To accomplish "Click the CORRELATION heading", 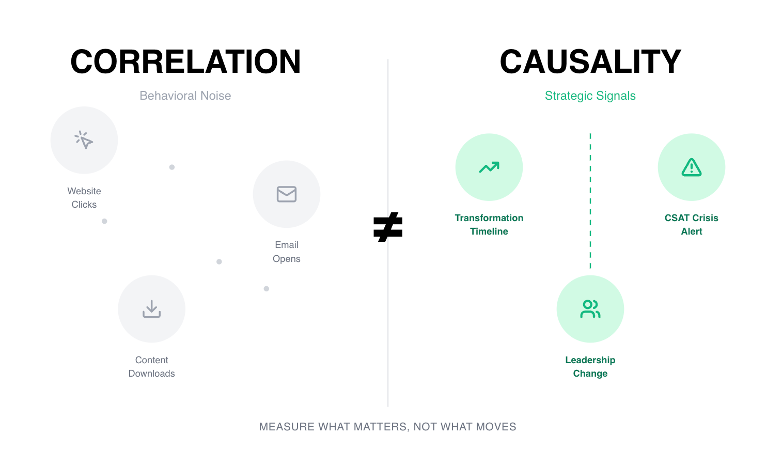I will [x=185, y=61].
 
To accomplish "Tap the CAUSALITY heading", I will [x=590, y=61].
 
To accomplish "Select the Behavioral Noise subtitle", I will [x=185, y=96].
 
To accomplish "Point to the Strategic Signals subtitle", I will [x=590, y=96].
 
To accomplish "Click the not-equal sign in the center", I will [x=388, y=227].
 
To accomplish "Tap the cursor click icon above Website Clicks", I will [x=84, y=140].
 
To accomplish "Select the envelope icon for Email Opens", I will [x=287, y=194].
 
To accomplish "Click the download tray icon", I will [x=152, y=309].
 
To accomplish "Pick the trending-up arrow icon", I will [x=489, y=167].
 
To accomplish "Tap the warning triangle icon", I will [x=692, y=167].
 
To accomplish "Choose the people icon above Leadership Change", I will [x=590, y=309].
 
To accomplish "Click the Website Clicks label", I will [x=84, y=198].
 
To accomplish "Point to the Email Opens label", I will [x=287, y=252].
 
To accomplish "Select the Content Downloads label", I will [x=152, y=367].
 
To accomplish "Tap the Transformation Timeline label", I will [x=489, y=225].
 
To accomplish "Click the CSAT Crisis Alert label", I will [x=692, y=225].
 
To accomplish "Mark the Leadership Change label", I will [x=590, y=367].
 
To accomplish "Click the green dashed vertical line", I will [x=590, y=202].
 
